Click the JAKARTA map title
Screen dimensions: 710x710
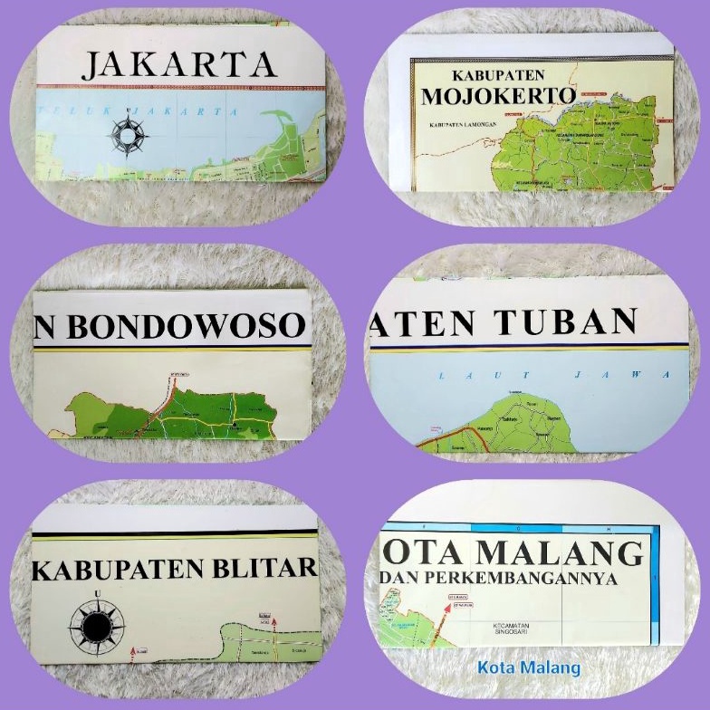pos(179,64)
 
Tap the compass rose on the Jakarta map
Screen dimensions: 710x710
pos(128,135)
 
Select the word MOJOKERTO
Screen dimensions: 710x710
pos(498,97)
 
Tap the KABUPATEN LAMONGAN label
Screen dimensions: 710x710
pos(454,124)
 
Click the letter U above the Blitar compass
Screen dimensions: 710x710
pos(97,594)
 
